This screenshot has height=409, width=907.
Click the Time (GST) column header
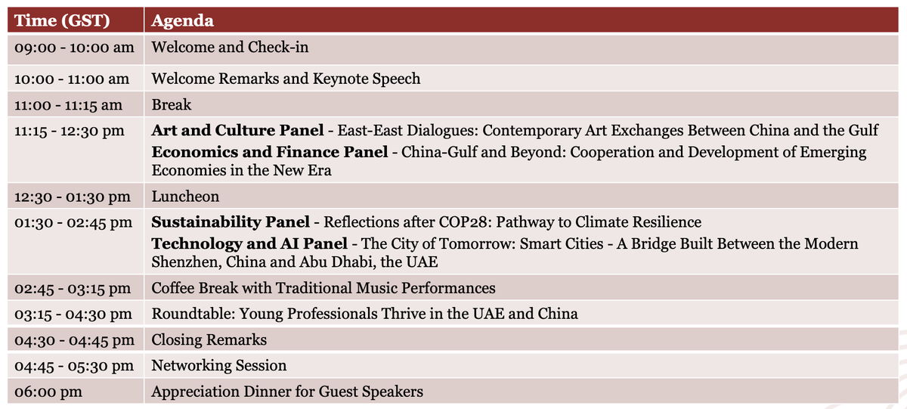coord(63,20)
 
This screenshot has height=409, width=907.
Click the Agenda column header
coord(182,20)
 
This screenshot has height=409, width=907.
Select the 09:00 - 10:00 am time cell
coord(74,48)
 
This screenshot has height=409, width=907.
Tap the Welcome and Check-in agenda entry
coord(230,47)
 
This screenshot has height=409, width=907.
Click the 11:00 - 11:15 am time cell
coord(68,105)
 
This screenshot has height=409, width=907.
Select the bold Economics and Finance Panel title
coord(270,152)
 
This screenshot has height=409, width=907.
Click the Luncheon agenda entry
coord(185,197)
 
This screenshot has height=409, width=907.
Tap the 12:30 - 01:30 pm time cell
coord(73,197)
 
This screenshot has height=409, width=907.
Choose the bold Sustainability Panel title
coord(231,222)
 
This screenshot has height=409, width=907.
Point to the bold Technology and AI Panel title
coord(249,244)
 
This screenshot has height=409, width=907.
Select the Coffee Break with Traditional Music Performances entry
coord(323,288)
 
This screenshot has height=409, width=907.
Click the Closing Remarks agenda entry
coord(209,339)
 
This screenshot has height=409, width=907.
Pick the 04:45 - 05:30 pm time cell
coord(74,366)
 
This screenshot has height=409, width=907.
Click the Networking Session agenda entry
coord(219,366)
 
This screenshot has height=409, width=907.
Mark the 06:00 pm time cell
coord(48,392)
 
